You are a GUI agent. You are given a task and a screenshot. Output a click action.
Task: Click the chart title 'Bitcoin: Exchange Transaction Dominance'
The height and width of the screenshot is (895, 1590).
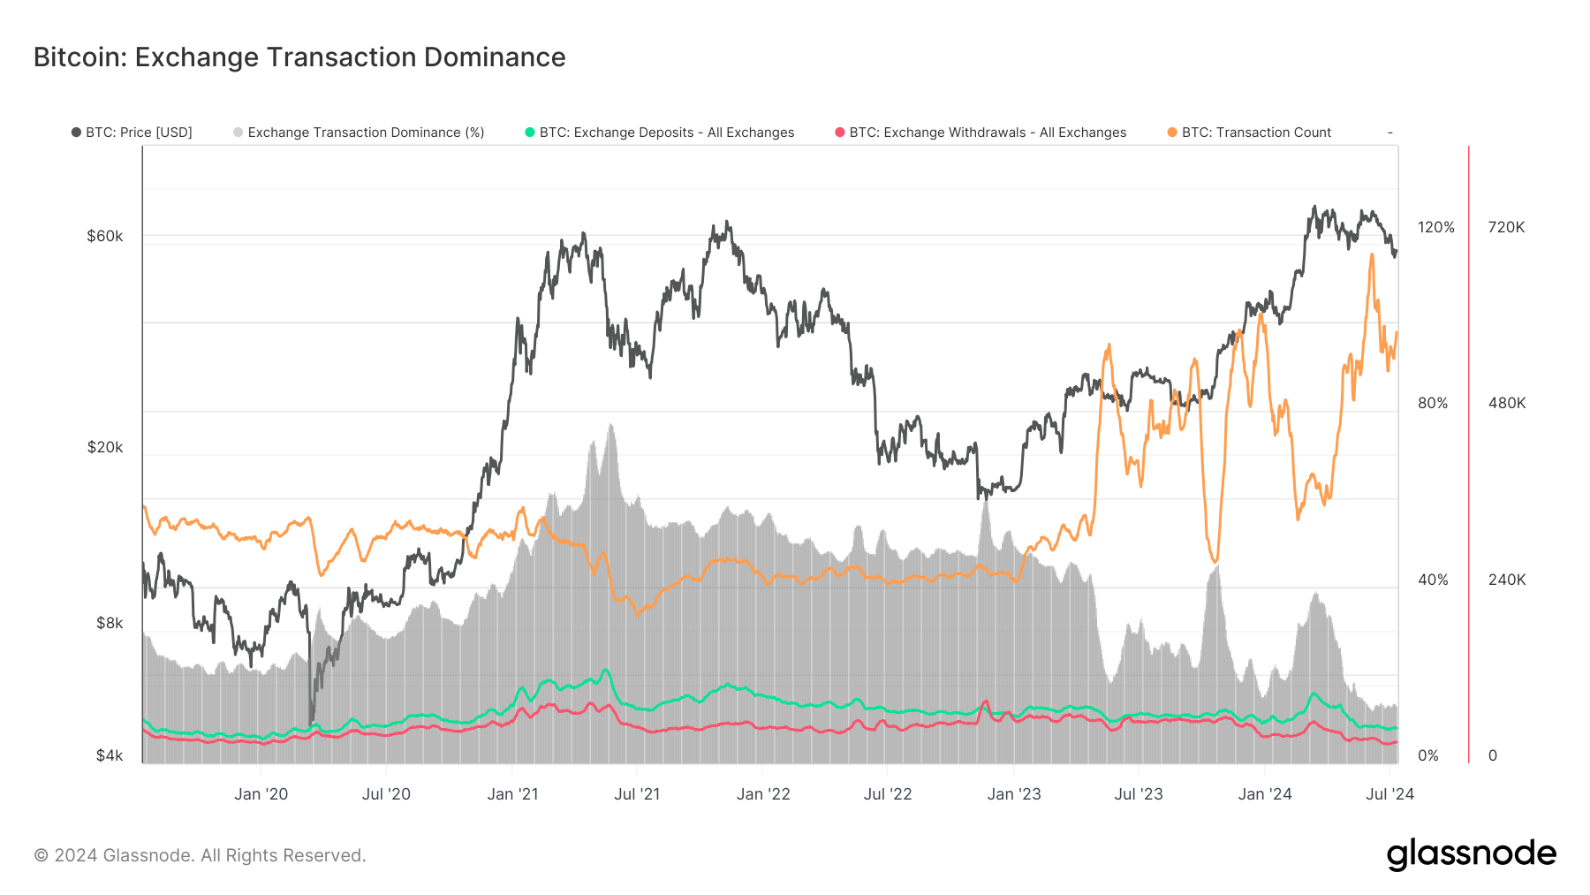[x=299, y=57]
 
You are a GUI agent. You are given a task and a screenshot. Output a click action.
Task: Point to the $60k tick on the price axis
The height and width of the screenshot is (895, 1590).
[x=104, y=236]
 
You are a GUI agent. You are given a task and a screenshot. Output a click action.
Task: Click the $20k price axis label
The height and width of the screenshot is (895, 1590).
[x=104, y=447]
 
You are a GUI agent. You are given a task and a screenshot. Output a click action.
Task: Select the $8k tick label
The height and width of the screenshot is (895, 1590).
[x=109, y=623]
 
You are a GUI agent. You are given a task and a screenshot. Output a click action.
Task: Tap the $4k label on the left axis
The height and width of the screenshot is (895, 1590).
[x=109, y=755]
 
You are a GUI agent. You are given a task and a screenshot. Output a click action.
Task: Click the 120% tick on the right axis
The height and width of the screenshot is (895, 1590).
[x=1435, y=227]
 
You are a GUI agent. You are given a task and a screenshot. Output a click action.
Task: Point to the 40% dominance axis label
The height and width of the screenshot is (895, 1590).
[x=1433, y=580]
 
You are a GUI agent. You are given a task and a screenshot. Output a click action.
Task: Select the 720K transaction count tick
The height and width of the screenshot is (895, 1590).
[x=1506, y=227]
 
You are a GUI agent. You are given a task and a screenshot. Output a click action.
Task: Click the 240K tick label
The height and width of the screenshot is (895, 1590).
[x=1506, y=580]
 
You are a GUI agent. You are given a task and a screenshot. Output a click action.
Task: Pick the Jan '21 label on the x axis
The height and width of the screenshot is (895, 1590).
[x=512, y=794]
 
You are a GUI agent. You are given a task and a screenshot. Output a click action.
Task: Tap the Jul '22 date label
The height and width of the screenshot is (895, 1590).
[x=887, y=794]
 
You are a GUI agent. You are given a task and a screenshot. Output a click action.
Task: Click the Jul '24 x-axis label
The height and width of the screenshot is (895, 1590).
[x=1389, y=794]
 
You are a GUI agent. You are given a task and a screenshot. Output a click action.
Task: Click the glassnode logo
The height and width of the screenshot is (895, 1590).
[x=1471, y=854]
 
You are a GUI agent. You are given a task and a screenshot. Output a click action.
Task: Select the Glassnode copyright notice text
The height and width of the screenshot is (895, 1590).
[x=200, y=855]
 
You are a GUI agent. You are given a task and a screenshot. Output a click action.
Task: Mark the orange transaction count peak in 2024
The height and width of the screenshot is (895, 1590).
[x=1371, y=255]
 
